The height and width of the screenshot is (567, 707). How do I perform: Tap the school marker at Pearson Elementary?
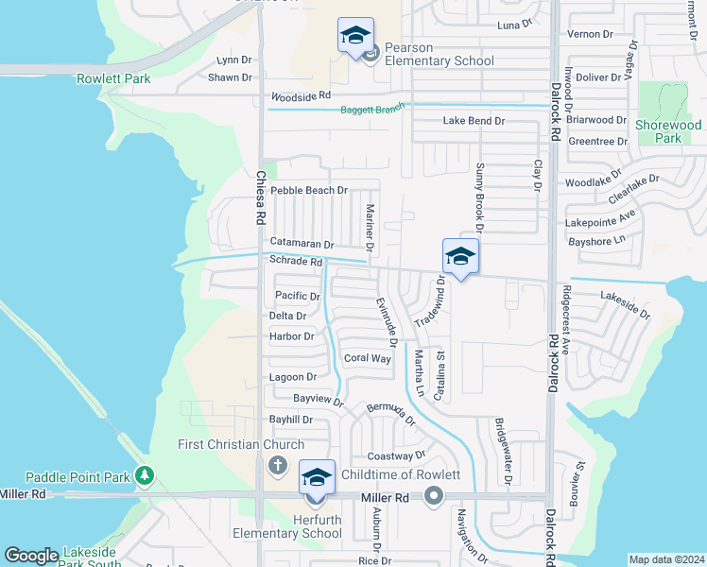[x=355, y=38]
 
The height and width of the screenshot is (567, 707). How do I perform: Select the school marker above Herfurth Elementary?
[x=317, y=478]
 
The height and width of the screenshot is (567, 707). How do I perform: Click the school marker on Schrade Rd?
[x=460, y=257]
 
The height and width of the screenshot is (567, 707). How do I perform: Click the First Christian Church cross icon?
[x=277, y=465]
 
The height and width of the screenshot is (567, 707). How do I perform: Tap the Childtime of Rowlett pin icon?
[x=434, y=495]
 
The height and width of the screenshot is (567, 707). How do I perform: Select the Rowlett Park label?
[x=113, y=78]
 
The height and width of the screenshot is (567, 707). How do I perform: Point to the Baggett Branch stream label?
[x=372, y=110]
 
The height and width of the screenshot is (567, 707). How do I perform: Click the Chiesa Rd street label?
[x=260, y=197]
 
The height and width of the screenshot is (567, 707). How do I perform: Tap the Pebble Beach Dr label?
[x=309, y=190]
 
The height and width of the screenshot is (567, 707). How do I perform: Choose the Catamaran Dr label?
[x=301, y=244]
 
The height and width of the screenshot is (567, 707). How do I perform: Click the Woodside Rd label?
[x=301, y=96]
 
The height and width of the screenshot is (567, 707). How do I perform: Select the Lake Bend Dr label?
[x=474, y=121]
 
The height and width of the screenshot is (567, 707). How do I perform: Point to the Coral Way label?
[x=367, y=358]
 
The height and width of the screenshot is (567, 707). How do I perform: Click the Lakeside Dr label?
[x=625, y=304]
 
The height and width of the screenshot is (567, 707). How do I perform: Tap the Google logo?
[x=31, y=556]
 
